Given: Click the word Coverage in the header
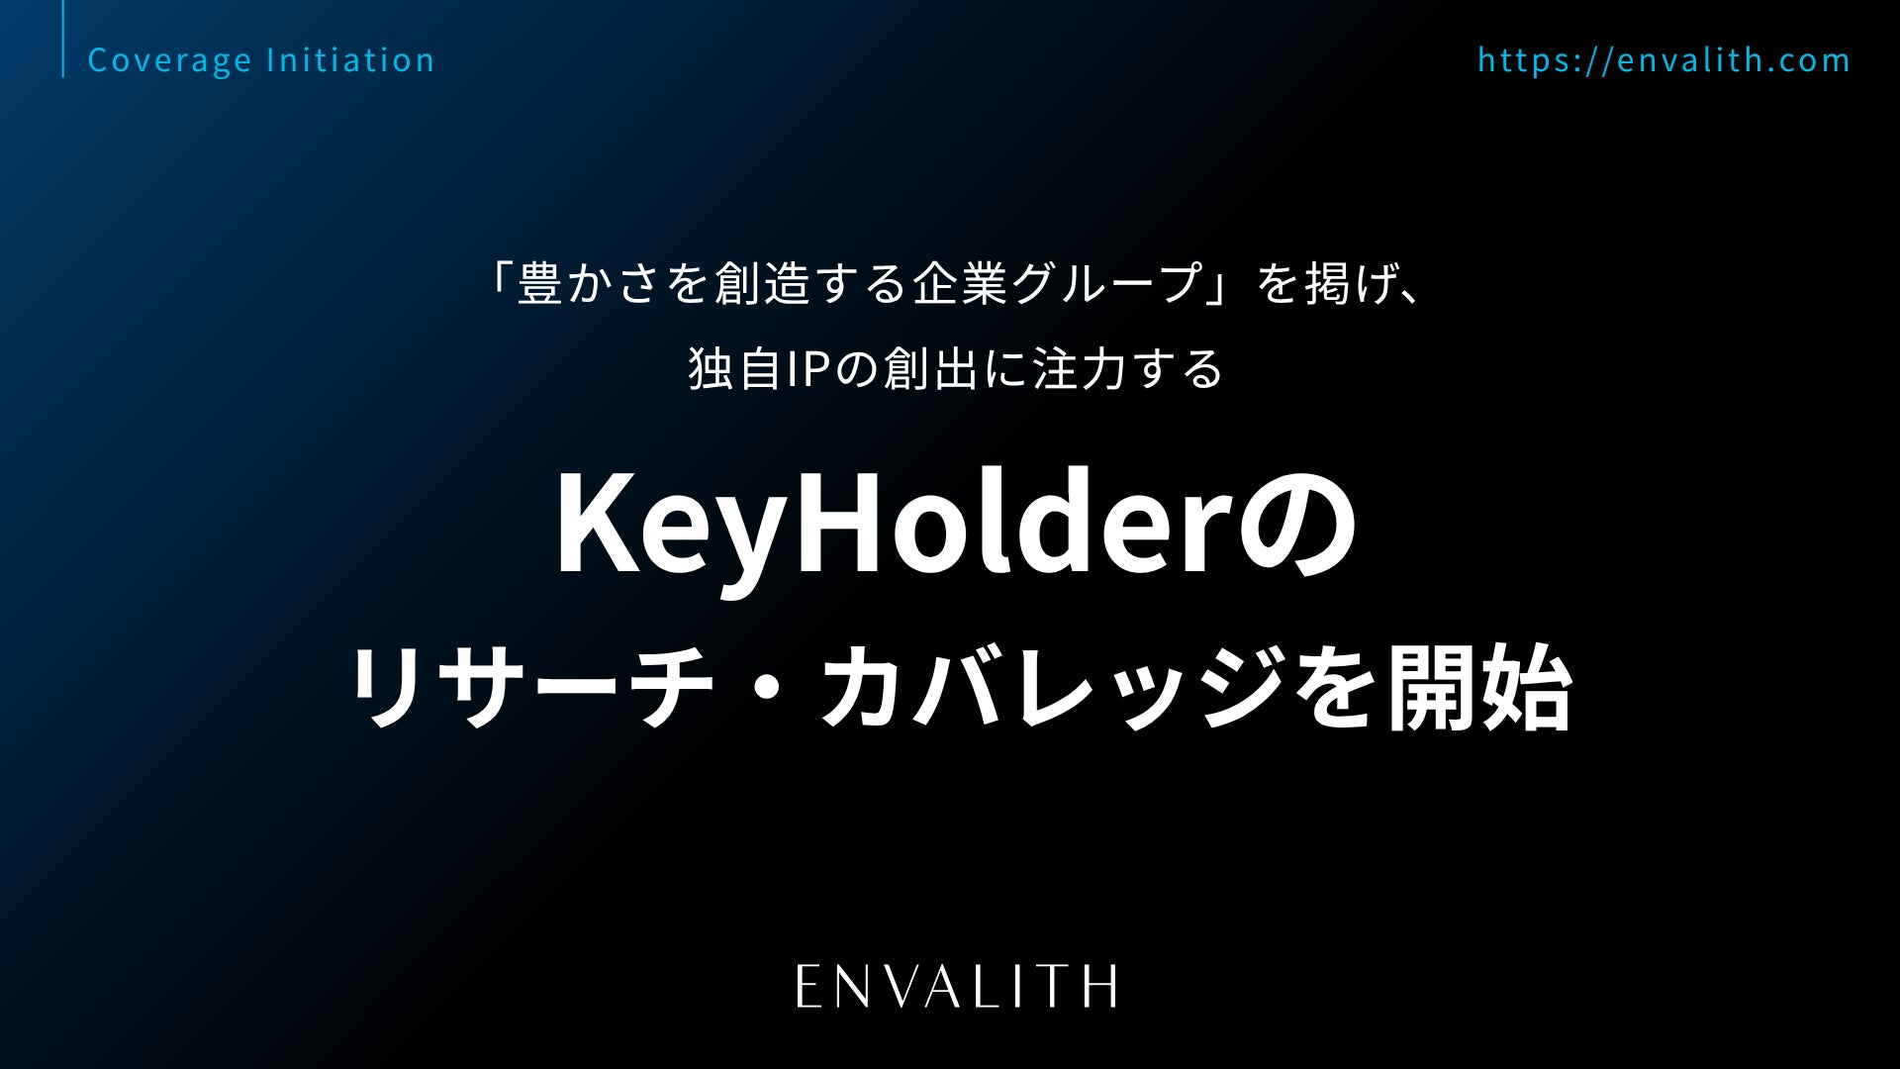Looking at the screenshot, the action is pyautogui.click(x=170, y=60).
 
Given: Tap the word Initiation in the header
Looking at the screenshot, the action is pyautogui.click(x=351, y=59).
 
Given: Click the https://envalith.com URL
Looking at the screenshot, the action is pyautogui.click(x=1664, y=60).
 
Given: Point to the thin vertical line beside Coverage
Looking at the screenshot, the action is pyautogui.click(x=63, y=39).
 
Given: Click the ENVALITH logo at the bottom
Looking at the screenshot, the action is pyautogui.click(x=957, y=986).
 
